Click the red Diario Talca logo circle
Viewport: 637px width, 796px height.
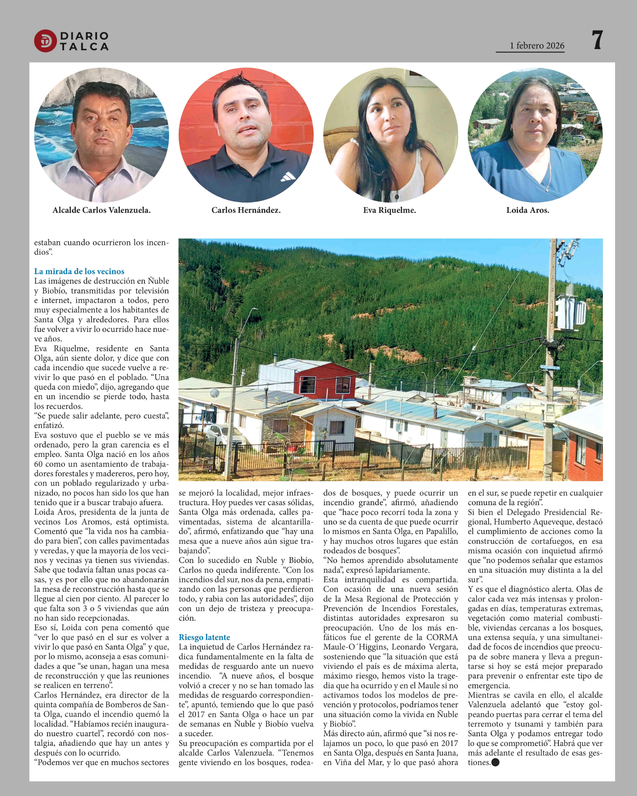pyautogui.click(x=45, y=41)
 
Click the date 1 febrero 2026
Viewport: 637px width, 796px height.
pyautogui.click(x=537, y=46)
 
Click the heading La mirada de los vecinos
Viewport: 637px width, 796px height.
pyautogui.click(x=79, y=271)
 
